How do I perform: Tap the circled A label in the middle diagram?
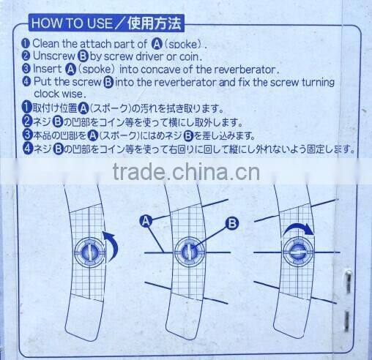pos(145,219)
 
